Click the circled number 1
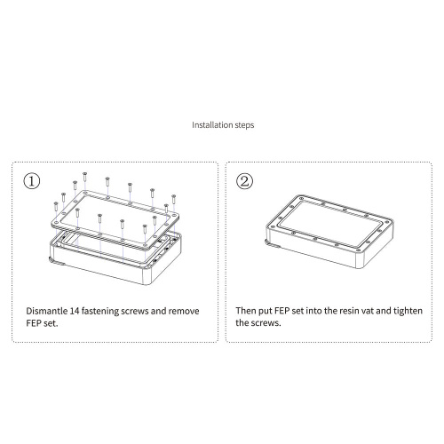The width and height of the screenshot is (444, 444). (31, 181)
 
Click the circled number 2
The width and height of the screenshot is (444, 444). (244, 181)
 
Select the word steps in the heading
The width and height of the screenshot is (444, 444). (244, 125)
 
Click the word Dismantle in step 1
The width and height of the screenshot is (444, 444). (47, 311)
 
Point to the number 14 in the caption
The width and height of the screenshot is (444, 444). (75, 311)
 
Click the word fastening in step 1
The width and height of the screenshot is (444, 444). (100, 312)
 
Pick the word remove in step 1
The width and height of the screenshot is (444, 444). (184, 312)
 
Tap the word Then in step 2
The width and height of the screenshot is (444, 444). (246, 311)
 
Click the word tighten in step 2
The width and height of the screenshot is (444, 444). (408, 312)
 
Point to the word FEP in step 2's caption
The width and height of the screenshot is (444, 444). (282, 311)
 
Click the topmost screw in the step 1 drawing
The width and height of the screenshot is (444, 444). (85, 177)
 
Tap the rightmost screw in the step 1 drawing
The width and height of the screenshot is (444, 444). (174, 200)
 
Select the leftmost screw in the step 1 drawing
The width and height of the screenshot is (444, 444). (56, 207)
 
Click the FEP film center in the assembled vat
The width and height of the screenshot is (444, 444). (329, 224)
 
